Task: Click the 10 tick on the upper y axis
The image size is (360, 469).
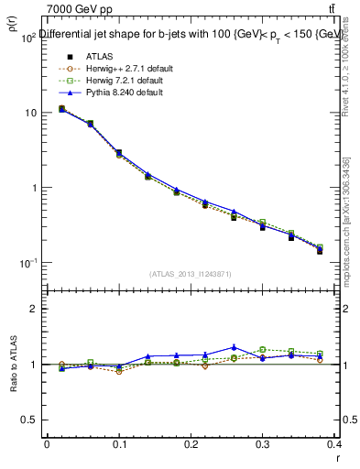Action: tap(29, 113)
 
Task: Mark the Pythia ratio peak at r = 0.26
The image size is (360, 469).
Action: tap(235, 347)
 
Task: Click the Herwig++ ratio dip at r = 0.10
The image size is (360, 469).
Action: tap(119, 371)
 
